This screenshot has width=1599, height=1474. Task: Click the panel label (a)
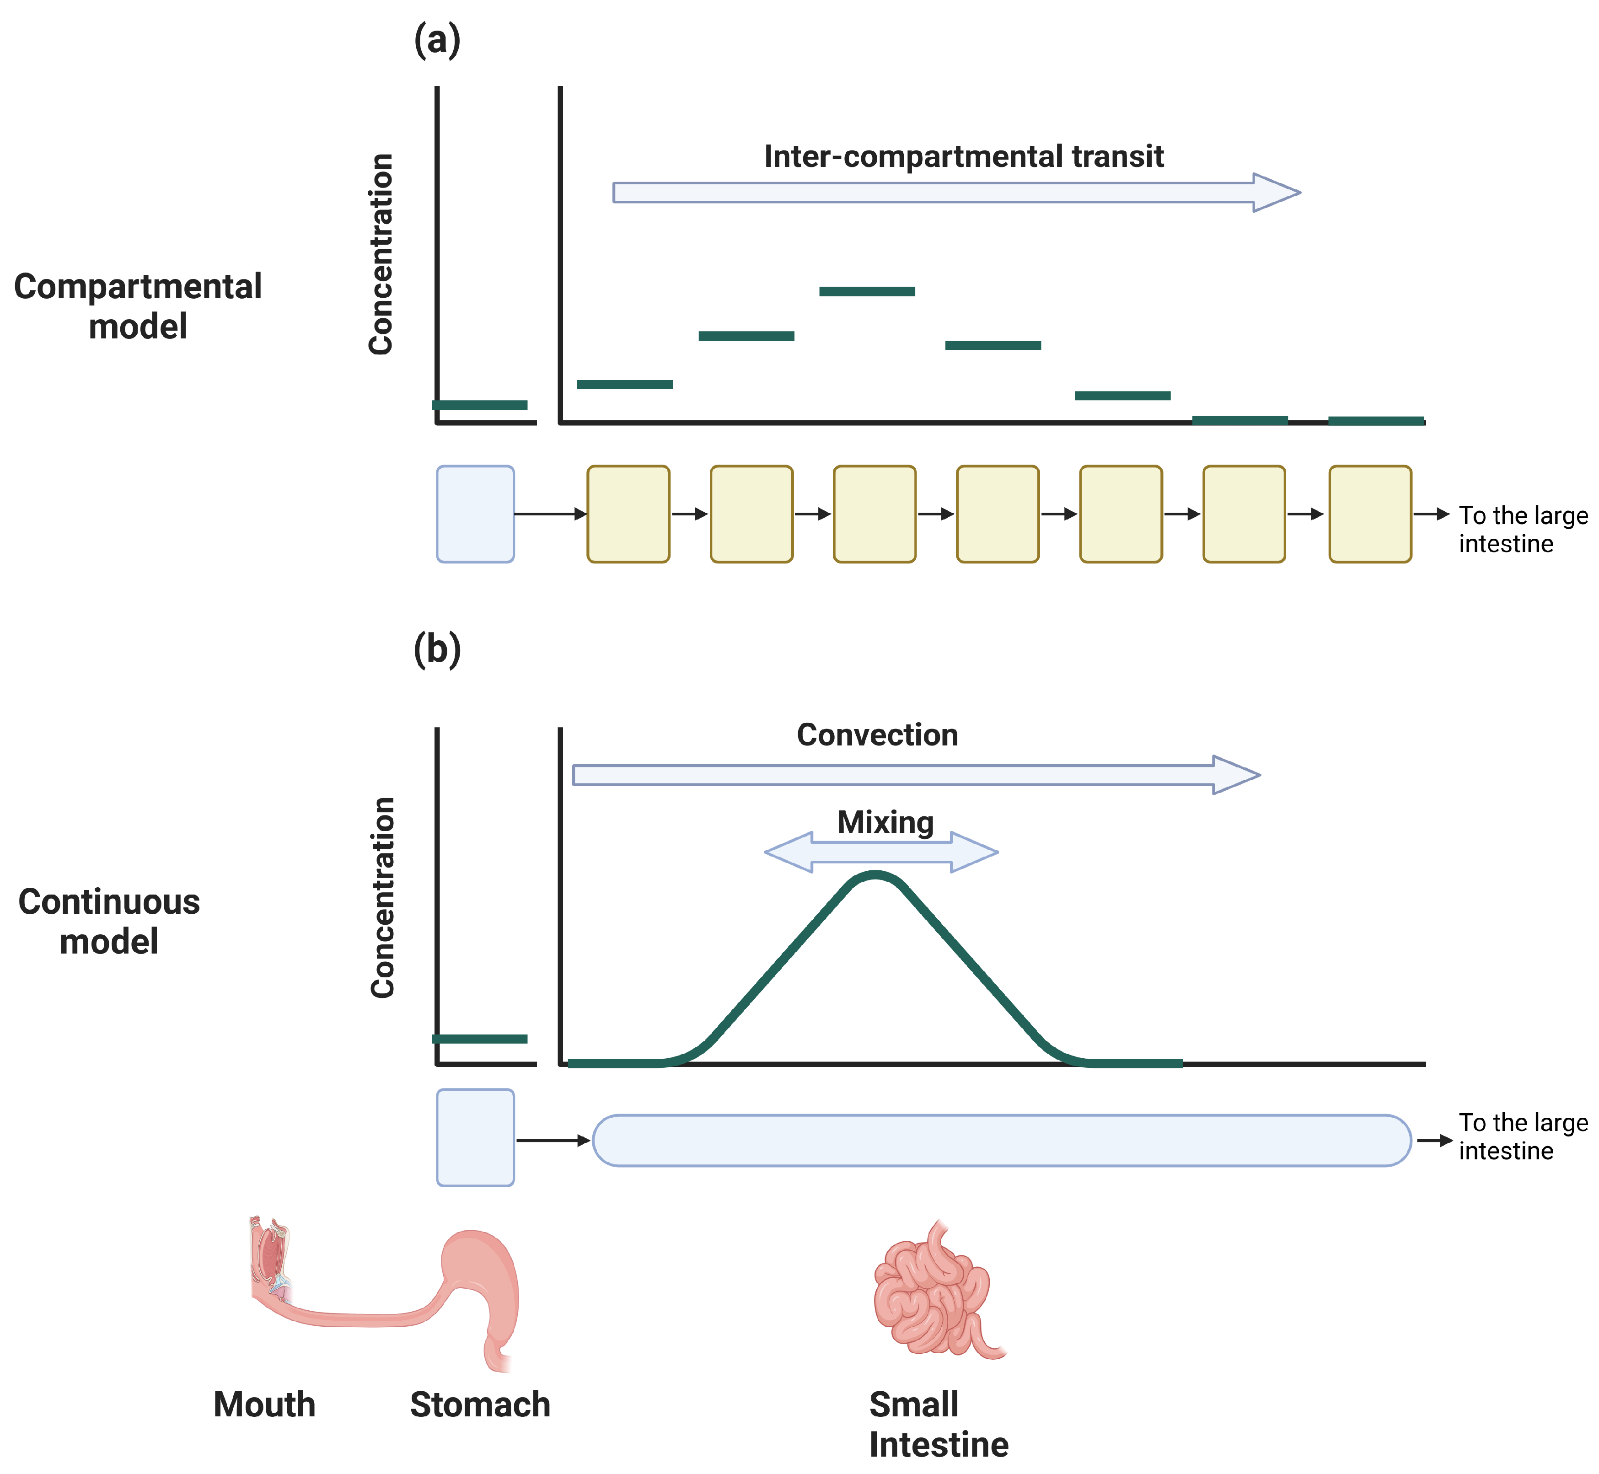pyautogui.click(x=437, y=40)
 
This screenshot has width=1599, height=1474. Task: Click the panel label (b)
pyautogui.click(x=437, y=649)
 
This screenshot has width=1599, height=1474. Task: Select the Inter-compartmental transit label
pyautogui.click(x=963, y=156)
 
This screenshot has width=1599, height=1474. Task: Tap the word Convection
pyautogui.click(x=877, y=734)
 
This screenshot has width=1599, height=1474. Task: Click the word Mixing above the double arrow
pyautogui.click(x=885, y=822)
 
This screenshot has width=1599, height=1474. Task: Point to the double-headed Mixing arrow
pyautogui.click(x=881, y=852)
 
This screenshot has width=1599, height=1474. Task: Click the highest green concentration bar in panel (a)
pyautogui.click(x=867, y=292)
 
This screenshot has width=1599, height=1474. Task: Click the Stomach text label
pyautogui.click(x=480, y=1404)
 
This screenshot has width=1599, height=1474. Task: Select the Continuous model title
pyautogui.click(x=109, y=921)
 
